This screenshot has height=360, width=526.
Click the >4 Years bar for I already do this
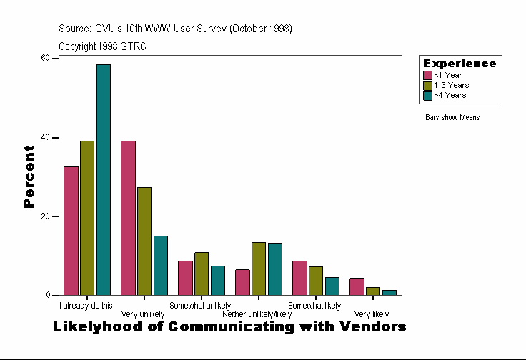point(104,179)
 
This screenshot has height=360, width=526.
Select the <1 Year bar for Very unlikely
point(128,218)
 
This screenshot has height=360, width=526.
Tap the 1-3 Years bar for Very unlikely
point(144,241)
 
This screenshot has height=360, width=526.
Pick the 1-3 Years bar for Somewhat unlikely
point(202,274)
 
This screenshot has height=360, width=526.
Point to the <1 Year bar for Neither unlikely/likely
point(242,282)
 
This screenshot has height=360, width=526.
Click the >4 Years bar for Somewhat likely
point(332,286)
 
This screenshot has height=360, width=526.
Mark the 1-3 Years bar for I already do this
point(87,218)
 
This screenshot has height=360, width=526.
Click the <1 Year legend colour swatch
point(428,75)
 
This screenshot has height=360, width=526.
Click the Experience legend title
point(460,64)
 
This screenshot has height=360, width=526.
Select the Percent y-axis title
point(29,176)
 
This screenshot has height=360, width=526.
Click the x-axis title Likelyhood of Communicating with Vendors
point(229,327)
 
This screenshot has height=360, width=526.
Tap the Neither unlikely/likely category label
point(257,314)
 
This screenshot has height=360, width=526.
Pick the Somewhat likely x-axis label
point(314,306)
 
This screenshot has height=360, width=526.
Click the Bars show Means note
point(452,117)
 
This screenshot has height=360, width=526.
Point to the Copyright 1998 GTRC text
point(103,46)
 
